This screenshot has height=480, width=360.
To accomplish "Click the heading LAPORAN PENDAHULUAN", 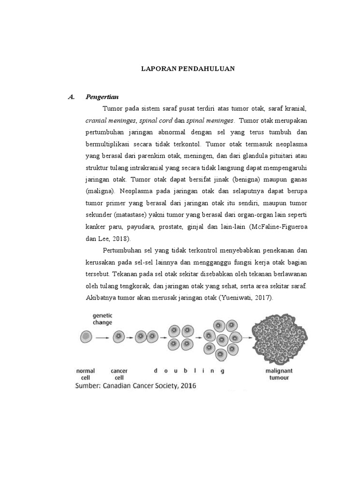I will [x=188, y=68].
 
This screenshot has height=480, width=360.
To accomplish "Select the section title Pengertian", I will [x=102, y=97].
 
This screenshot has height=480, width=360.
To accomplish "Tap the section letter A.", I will [x=72, y=97].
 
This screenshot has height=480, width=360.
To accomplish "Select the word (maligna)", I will [x=101, y=191].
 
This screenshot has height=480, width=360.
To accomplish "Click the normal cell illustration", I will [x=86, y=336].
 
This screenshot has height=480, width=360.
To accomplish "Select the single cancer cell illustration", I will [x=119, y=336].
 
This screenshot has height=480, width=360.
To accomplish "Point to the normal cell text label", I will [x=85, y=374].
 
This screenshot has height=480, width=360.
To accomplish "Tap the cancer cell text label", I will [x=119, y=374].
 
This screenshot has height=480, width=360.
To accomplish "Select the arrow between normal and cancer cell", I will [x=102, y=337].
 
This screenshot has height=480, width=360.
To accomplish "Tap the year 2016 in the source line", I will [x=185, y=386].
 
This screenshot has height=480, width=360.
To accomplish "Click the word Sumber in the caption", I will [x=89, y=386].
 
